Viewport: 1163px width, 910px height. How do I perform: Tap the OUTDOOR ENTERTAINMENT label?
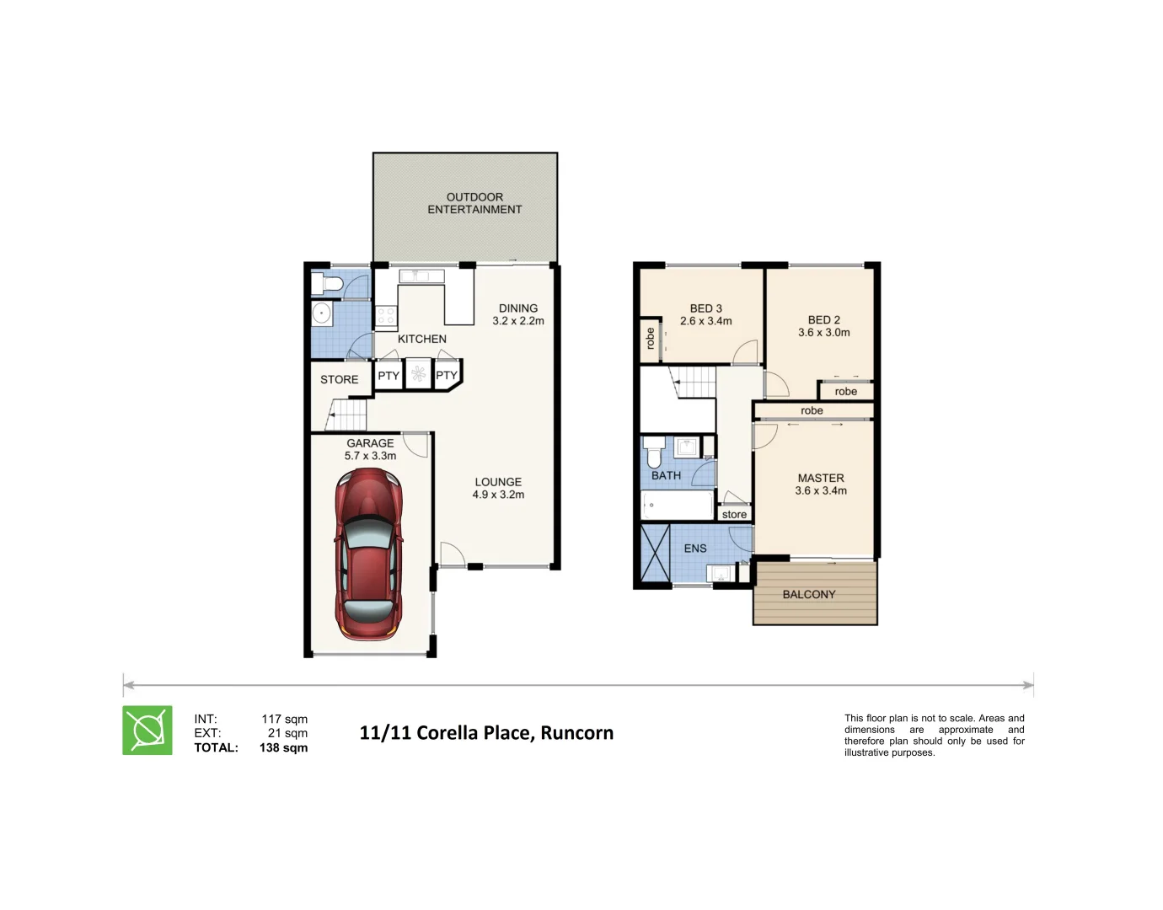(474, 203)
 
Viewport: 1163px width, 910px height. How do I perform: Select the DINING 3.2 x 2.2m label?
(517, 314)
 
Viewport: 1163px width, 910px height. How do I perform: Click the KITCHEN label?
(421, 339)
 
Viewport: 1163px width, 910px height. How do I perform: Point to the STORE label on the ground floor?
(339, 380)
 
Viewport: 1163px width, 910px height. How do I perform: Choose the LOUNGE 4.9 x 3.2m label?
(498, 489)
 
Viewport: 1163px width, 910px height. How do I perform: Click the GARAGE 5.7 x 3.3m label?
(370, 449)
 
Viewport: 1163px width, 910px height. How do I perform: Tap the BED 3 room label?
(705, 314)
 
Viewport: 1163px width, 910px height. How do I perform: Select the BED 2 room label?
(823, 326)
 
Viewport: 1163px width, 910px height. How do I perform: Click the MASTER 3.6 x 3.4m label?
(821, 484)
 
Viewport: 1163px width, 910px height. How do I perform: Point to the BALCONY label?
(808, 595)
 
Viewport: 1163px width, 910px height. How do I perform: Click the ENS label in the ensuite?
(694, 549)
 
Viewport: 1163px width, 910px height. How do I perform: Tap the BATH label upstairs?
(666, 476)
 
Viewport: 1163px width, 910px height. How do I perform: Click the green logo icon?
(147, 731)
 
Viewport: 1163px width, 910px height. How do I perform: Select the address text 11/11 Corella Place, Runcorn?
(486, 733)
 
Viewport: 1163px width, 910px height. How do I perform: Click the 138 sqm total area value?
(283, 748)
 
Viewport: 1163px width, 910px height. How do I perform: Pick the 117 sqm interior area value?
(284, 720)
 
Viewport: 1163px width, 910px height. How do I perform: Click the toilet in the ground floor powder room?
(324, 282)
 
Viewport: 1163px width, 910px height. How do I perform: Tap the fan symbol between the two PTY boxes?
(418, 374)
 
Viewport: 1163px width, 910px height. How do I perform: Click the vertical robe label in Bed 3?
(650, 339)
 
